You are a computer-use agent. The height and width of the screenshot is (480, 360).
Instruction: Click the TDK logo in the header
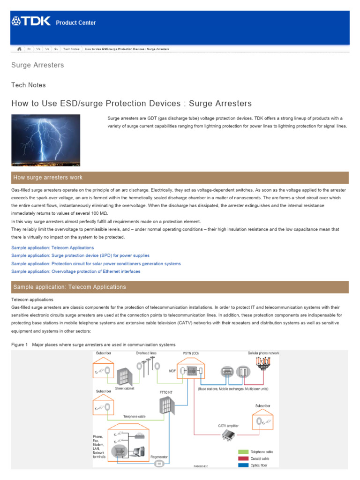point(30,22)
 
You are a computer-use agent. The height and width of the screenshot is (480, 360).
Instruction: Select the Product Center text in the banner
point(76,23)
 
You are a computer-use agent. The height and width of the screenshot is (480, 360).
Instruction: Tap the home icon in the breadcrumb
point(19,49)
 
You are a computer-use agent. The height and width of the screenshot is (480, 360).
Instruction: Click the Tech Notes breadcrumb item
point(71,49)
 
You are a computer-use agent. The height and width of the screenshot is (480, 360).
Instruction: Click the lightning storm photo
point(45,140)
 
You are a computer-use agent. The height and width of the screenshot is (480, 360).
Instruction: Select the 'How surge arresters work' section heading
point(48,177)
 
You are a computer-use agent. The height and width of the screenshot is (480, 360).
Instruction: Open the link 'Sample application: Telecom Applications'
point(52,247)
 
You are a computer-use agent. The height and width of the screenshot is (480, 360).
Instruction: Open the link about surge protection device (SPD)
point(80,255)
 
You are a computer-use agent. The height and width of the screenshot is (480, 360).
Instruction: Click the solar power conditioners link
point(96,263)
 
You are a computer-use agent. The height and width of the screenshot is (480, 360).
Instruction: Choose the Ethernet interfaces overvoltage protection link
point(75,271)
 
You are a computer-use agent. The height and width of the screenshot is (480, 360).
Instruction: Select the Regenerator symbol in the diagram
point(159,463)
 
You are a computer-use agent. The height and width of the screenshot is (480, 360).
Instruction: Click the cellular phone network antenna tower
point(263,364)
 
